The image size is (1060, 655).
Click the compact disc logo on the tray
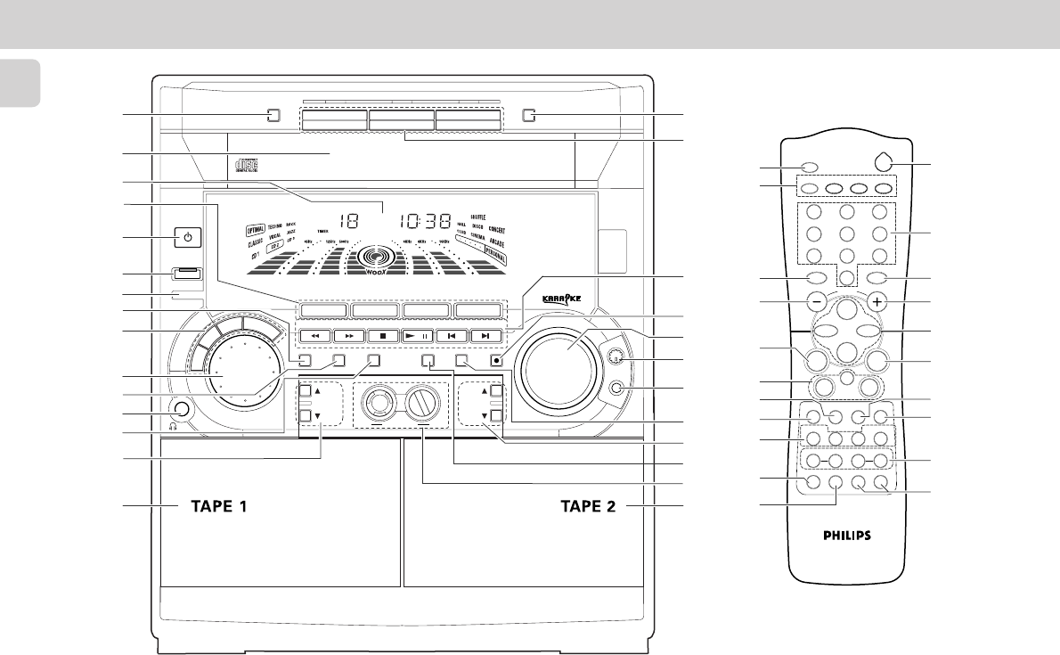click(242, 168)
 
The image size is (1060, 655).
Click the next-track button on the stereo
click(484, 336)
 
